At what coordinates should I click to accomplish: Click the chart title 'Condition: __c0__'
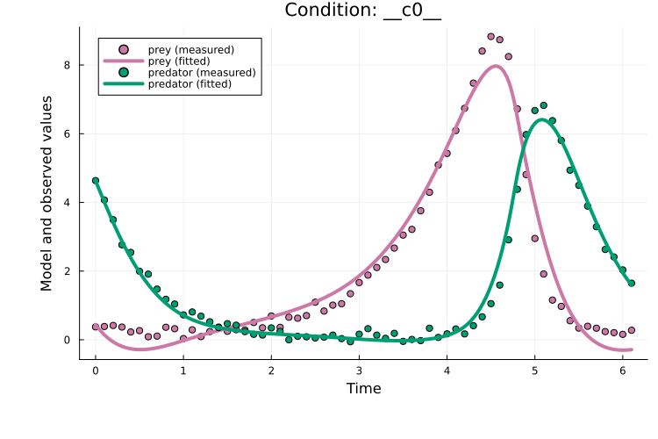[x=363, y=11]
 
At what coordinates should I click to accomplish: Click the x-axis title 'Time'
[x=363, y=388]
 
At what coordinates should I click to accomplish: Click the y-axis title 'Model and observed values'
[x=46, y=193]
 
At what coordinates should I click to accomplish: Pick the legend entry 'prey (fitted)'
[x=184, y=61]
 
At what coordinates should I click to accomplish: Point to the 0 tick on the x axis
[x=96, y=371]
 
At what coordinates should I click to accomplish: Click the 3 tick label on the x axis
[x=359, y=371]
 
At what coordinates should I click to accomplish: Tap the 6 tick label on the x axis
[x=622, y=371]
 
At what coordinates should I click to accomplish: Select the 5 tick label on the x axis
[x=534, y=371]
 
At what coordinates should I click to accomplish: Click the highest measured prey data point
[x=490, y=37]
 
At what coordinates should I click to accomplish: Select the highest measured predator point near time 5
[x=543, y=105]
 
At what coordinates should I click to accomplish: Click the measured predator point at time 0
[x=96, y=181]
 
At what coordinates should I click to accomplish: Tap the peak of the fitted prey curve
[x=497, y=66]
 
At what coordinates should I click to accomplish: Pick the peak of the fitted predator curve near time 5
[x=543, y=119]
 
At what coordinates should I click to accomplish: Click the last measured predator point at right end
[x=631, y=283]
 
